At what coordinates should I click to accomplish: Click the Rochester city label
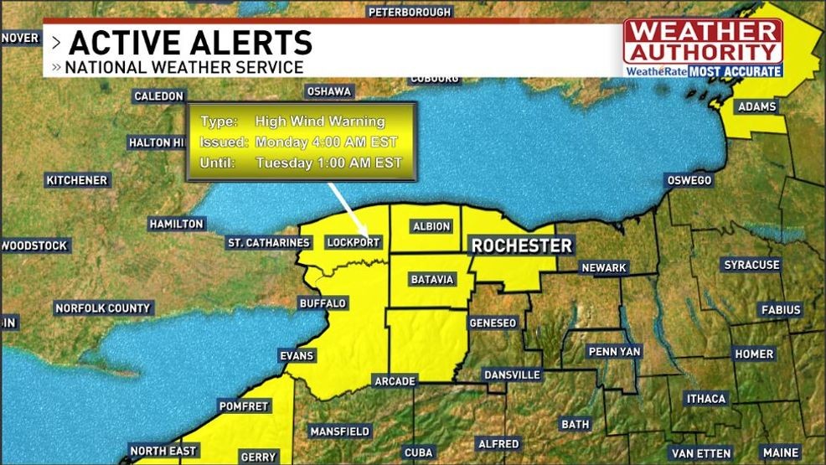click(521, 245)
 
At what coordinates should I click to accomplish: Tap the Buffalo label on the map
click(323, 303)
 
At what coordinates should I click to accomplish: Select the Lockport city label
click(354, 243)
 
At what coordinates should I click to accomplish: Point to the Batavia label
click(432, 279)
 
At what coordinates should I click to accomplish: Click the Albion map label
click(432, 227)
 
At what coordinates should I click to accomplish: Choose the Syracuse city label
click(751, 265)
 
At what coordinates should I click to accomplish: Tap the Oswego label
click(689, 181)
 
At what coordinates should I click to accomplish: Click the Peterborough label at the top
click(410, 12)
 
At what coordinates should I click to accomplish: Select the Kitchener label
click(77, 181)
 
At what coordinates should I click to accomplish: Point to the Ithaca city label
click(706, 399)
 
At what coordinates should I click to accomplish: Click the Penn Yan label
click(614, 351)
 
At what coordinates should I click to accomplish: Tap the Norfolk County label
click(103, 308)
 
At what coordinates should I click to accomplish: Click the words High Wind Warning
click(320, 121)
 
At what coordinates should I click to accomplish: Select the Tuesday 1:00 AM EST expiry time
click(328, 163)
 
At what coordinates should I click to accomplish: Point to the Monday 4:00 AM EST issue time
click(326, 142)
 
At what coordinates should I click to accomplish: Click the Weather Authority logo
click(703, 48)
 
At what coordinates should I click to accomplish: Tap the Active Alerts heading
click(190, 42)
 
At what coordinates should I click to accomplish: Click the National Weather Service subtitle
click(184, 67)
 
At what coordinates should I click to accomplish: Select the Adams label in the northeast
click(757, 107)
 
